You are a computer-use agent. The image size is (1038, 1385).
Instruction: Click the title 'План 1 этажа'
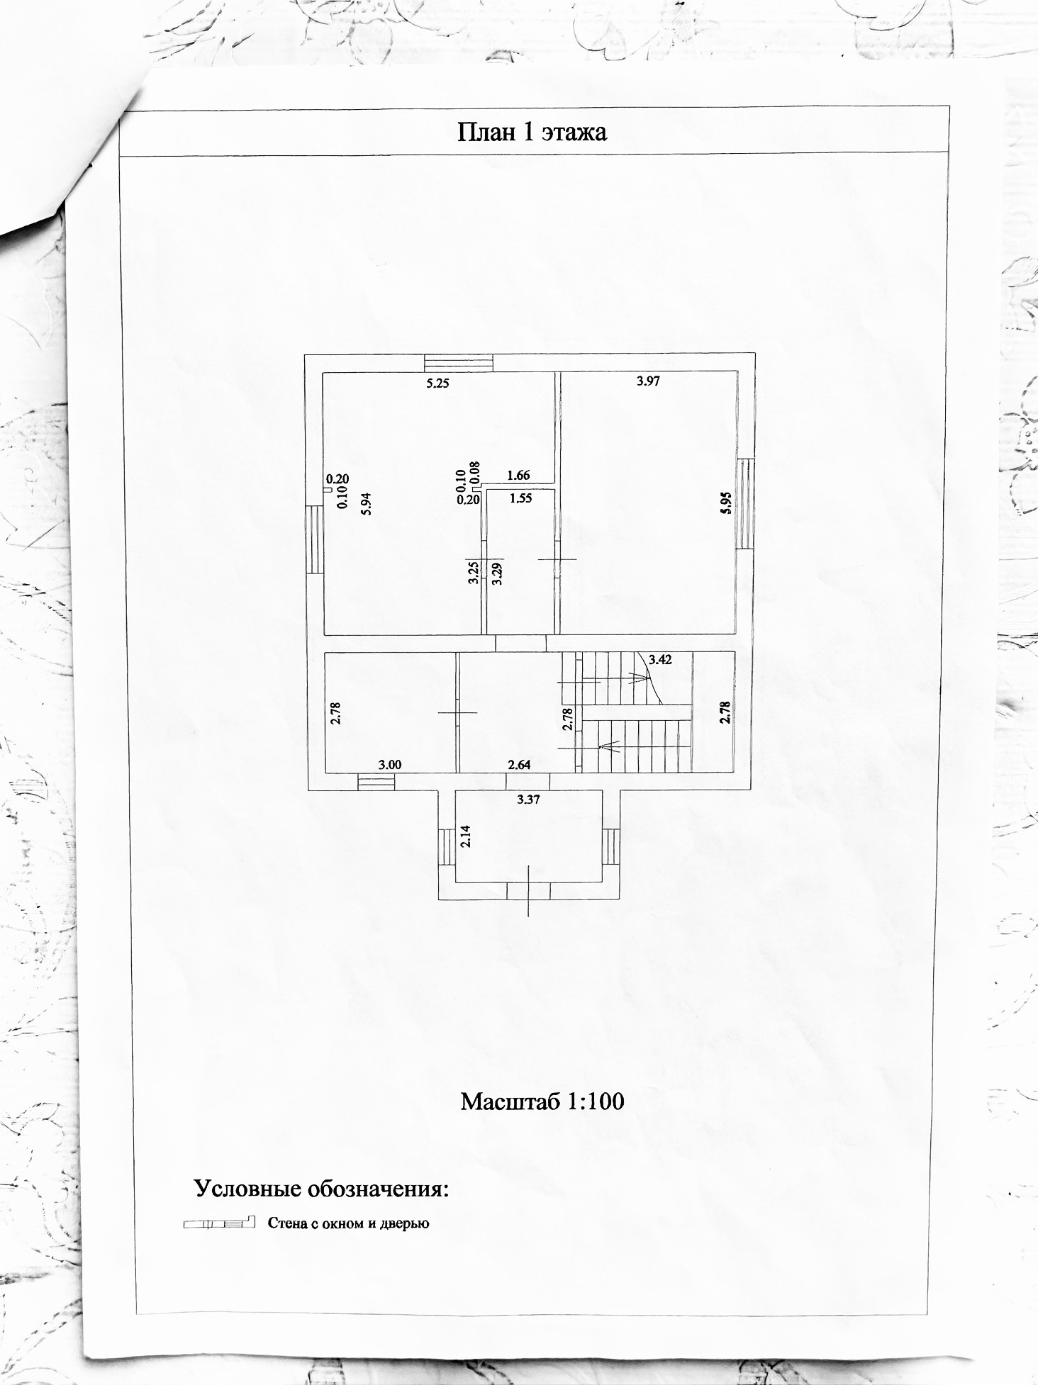click(532, 133)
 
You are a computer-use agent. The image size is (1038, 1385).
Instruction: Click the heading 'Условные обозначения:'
click(322, 1188)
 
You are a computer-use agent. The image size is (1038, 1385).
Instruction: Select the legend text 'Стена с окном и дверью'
click(348, 1223)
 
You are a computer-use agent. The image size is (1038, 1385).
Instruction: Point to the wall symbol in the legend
click(218, 1223)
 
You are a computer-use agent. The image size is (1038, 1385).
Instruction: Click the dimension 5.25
click(437, 383)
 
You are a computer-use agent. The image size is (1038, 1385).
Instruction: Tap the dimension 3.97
click(648, 381)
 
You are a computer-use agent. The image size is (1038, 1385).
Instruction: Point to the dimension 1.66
click(519, 476)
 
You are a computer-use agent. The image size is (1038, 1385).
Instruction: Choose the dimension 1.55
click(520, 498)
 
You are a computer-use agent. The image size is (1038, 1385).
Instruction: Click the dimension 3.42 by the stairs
click(660, 659)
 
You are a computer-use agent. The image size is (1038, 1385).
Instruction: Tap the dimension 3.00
click(390, 765)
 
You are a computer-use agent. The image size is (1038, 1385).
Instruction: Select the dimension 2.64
click(519, 765)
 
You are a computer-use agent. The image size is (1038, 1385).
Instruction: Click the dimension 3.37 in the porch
click(529, 800)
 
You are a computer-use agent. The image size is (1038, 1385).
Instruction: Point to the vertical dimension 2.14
click(465, 837)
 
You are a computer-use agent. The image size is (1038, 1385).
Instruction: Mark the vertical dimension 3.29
click(498, 572)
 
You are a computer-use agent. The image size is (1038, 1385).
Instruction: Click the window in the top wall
click(458, 362)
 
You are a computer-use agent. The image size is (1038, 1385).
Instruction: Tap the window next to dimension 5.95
click(744, 503)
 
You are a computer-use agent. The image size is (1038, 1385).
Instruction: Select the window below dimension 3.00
click(376, 782)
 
